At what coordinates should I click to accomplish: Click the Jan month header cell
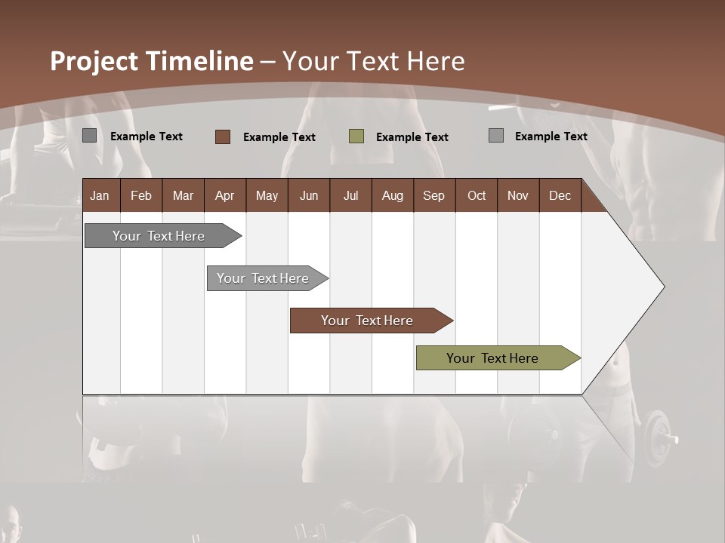[x=100, y=195]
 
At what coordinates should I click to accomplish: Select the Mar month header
[x=183, y=195]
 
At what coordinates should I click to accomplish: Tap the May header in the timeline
[x=267, y=195]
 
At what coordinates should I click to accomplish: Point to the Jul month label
[x=350, y=195]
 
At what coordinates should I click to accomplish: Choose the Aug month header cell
[x=392, y=195]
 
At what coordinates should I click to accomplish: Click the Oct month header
[x=477, y=195]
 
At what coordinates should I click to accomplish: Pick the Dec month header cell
[x=560, y=195]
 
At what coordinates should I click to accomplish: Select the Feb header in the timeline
[x=141, y=195]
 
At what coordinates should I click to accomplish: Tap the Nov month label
[x=518, y=195]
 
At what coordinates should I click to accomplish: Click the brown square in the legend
[x=222, y=137]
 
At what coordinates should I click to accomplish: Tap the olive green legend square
[x=356, y=137]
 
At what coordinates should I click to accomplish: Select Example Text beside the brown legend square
[x=279, y=137]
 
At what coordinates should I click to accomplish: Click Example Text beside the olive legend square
[x=412, y=137]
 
